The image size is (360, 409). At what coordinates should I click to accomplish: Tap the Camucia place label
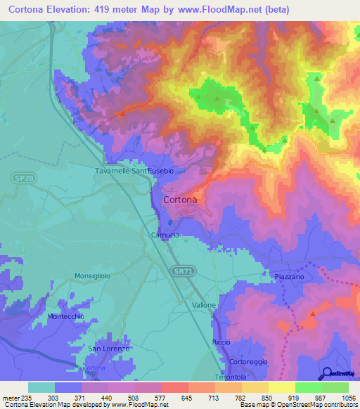pyautogui.click(x=166, y=235)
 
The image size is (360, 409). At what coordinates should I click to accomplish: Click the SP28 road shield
pyautogui.click(x=22, y=179)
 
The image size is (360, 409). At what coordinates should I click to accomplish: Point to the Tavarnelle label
pyautogui.click(x=115, y=171)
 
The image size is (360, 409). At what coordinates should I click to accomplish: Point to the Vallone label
pyautogui.click(x=205, y=306)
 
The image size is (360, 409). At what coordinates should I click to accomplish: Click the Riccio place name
pyautogui.click(x=221, y=342)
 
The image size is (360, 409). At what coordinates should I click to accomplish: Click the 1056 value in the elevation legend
pyautogui.click(x=347, y=398)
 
